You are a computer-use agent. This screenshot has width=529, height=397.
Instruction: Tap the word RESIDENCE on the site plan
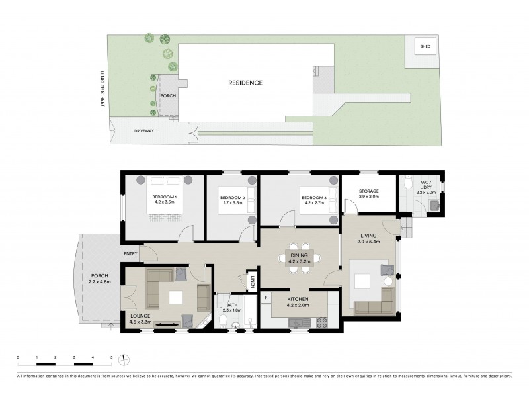(245, 83)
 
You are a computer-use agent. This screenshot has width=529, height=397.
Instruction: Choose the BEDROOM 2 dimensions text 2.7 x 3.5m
(232, 203)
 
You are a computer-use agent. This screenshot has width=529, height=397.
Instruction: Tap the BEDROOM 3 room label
(314, 198)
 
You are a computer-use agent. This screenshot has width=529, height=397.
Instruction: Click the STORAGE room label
(368, 191)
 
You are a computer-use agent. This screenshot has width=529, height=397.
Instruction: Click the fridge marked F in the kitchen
(266, 298)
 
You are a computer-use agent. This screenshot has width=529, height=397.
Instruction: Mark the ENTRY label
(130, 253)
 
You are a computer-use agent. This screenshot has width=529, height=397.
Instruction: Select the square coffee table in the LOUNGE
(177, 298)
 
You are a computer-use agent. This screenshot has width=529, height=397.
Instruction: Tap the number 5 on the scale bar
(111, 357)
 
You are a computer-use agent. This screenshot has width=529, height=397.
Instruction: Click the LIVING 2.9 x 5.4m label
(368, 238)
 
